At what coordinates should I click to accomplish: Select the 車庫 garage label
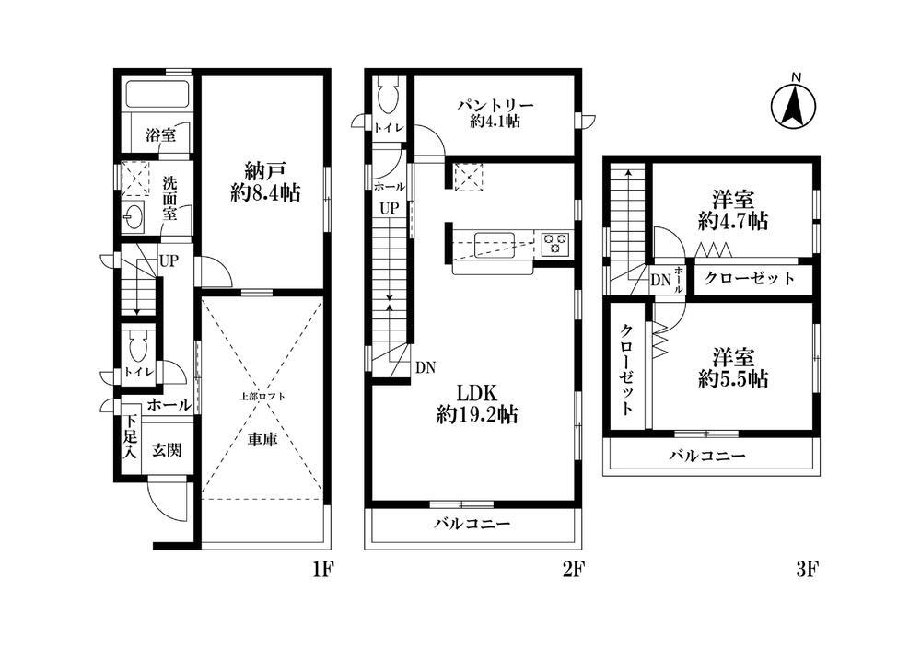(x=262, y=439)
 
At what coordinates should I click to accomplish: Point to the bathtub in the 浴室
(x=157, y=93)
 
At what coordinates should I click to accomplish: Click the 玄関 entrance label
(x=168, y=450)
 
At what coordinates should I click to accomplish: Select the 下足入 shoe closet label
(x=130, y=437)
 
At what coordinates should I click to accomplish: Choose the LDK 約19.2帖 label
(x=477, y=404)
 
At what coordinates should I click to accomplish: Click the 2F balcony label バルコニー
(x=472, y=524)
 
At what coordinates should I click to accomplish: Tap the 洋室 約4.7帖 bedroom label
(x=733, y=210)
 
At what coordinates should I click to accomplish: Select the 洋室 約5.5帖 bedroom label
(x=733, y=367)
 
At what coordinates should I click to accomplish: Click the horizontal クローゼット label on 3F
(x=749, y=278)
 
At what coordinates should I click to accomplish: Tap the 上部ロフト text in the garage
(x=262, y=396)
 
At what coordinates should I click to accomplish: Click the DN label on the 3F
(x=660, y=280)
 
